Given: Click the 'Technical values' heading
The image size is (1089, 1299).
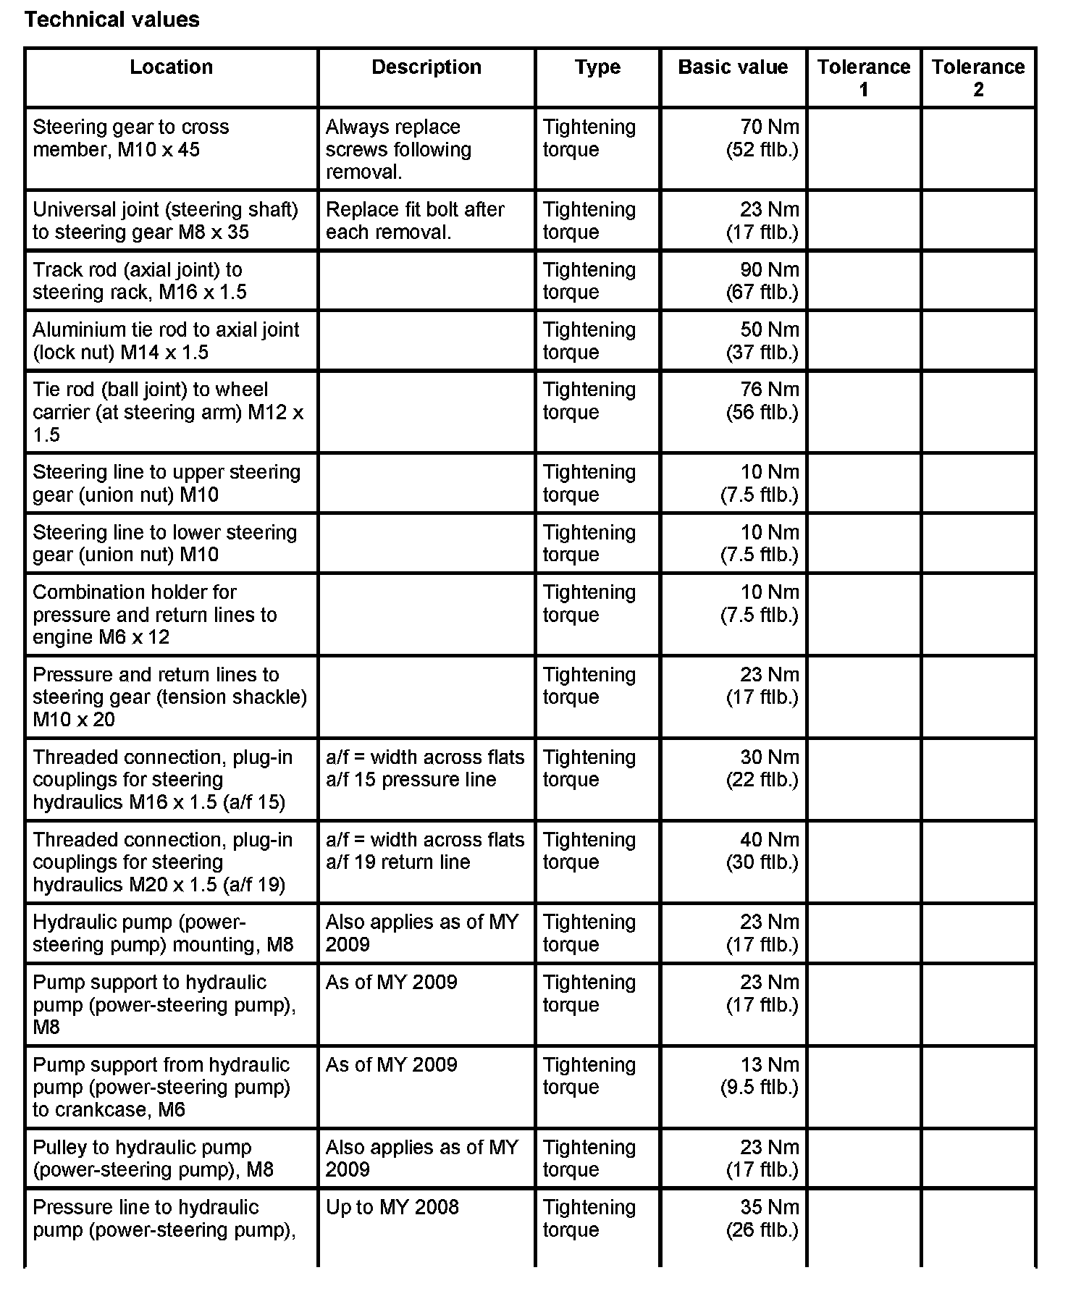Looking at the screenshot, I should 112,20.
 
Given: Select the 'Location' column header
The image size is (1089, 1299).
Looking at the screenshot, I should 171,67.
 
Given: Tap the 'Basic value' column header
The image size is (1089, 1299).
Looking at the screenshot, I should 732,67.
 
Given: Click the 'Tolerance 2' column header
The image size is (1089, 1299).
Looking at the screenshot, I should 977,78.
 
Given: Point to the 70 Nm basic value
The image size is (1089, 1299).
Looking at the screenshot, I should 769,127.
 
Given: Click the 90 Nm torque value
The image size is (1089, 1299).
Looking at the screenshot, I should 769,270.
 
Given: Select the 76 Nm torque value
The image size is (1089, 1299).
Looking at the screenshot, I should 769,390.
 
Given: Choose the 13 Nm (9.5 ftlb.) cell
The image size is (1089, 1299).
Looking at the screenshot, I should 760,1076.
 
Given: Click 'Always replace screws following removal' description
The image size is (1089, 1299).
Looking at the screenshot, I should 398,149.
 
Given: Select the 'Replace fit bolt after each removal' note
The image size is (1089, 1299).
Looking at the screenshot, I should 415,221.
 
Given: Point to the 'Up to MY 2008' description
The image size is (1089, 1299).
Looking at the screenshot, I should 392,1208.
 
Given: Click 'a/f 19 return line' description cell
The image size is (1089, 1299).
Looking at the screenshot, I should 425,852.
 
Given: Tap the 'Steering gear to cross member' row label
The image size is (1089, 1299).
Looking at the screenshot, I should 130,138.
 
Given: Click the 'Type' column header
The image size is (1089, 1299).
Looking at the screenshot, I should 597,67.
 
